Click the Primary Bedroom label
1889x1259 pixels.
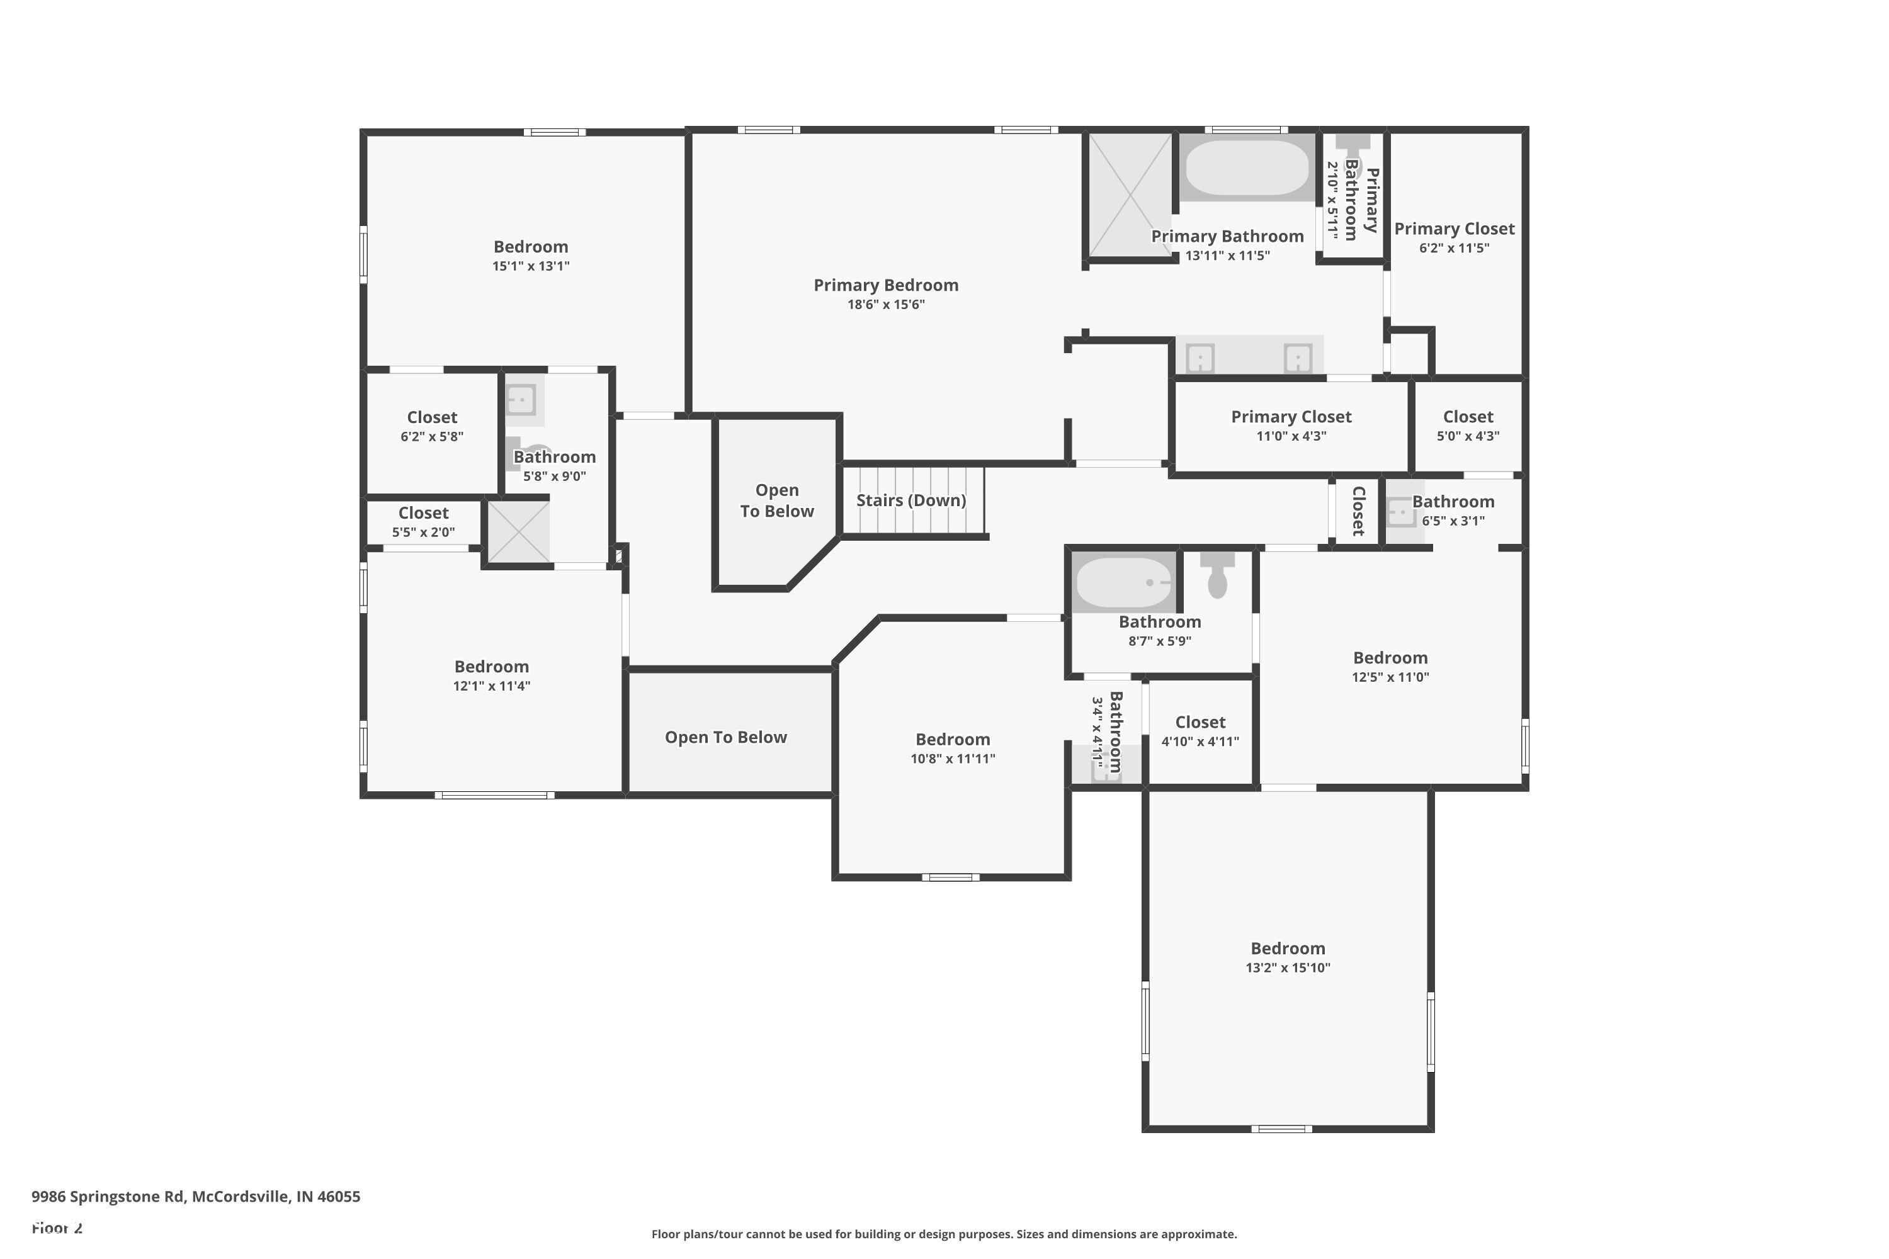(x=886, y=285)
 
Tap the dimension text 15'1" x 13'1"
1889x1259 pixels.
(x=531, y=266)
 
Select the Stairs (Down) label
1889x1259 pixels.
(x=910, y=500)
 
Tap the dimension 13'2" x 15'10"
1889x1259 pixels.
(x=1288, y=968)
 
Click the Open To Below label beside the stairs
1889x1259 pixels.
(x=776, y=500)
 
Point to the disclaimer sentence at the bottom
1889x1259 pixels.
(x=945, y=1234)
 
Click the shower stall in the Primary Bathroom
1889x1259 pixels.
(x=1130, y=195)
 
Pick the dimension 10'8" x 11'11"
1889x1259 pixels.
(x=953, y=759)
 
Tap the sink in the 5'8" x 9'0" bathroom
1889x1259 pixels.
(x=521, y=399)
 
